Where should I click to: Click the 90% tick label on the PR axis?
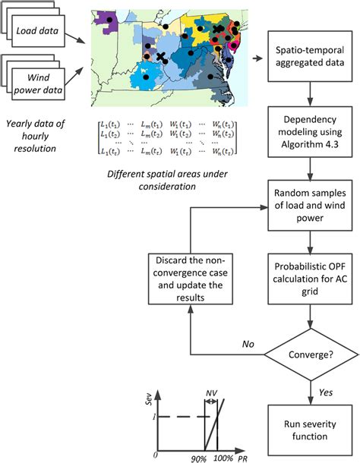point(201,457)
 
